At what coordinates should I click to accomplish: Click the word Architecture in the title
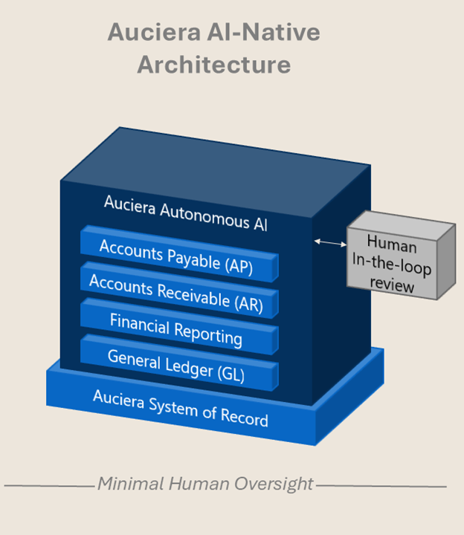(213, 65)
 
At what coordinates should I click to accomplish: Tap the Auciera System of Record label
(180, 407)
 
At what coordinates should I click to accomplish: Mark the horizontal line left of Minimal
(49, 487)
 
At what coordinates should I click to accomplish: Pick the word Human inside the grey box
(391, 244)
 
